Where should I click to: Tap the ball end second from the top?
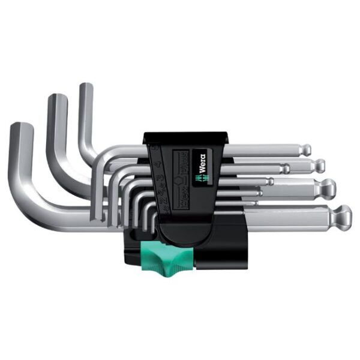click(x=319, y=164)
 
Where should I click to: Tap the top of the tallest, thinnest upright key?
click(x=86, y=87)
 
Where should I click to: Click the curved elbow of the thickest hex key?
click(x=27, y=198)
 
